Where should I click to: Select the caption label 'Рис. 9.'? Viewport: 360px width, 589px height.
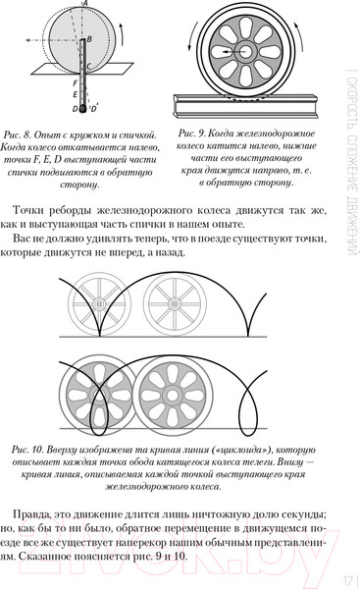coord(186,133)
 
